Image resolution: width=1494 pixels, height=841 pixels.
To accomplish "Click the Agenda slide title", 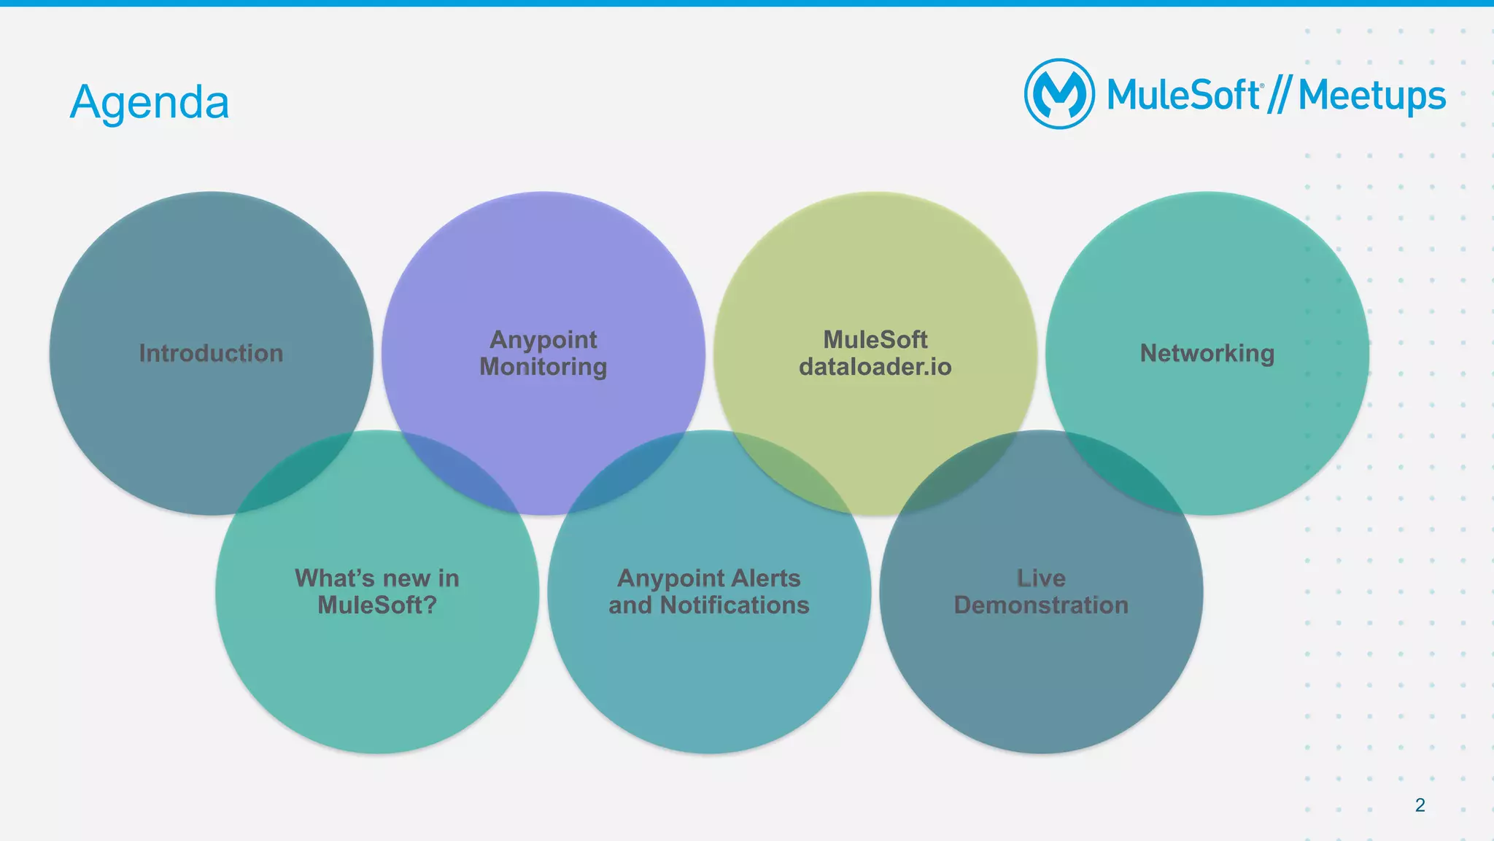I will click(150, 102).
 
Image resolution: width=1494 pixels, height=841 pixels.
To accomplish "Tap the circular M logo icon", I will click(1059, 94).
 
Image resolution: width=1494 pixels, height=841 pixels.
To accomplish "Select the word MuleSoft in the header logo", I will click(1183, 96).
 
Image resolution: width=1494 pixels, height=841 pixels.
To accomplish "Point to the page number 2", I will click(1420, 805).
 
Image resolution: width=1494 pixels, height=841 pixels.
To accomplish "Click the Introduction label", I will click(211, 353).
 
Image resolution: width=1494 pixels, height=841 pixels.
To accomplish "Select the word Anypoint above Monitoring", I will click(543, 339).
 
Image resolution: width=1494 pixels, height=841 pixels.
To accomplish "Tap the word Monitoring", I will click(543, 367).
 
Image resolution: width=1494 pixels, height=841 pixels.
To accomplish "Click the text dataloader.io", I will click(875, 367).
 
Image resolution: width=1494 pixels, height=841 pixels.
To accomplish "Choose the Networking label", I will click(1207, 353).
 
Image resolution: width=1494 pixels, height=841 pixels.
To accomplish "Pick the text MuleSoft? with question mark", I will click(377, 605).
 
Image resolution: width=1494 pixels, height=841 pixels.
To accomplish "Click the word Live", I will click(1041, 578).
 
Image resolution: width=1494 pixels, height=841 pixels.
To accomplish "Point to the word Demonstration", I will click(1041, 605).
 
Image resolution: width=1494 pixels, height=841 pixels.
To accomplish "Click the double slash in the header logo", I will click(1279, 96).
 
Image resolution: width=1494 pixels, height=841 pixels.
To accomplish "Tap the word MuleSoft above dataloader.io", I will click(875, 339).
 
